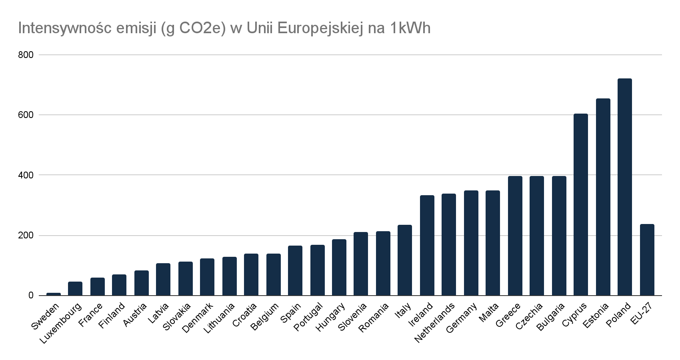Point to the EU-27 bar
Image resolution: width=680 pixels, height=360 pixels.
pos(647,260)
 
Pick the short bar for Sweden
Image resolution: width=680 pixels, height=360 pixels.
pos(54,294)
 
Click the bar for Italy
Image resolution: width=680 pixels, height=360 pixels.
pos(405,260)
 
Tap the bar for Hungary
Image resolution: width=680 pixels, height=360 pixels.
pos(339,268)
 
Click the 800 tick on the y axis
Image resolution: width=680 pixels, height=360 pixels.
pos(26,55)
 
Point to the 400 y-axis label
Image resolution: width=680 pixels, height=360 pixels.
pos(26,175)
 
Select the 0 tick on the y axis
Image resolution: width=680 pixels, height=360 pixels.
pos(30,296)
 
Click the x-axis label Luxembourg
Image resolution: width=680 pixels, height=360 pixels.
pos(61,323)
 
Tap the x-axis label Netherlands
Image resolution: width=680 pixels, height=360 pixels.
pos(435,323)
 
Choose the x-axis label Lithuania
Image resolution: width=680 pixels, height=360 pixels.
pos(219,319)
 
